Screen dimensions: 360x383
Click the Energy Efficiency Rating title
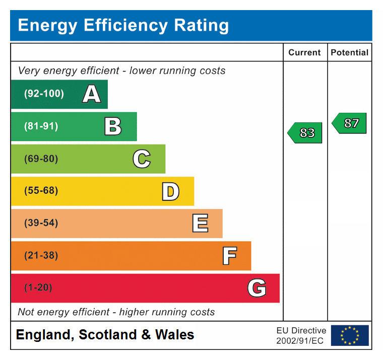click(x=123, y=25)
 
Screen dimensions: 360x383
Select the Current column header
click(x=304, y=52)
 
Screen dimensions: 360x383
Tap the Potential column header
click(x=349, y=52)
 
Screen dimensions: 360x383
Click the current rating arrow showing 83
click(x=305, y=132)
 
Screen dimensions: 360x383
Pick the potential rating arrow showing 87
click(x=350, y=123)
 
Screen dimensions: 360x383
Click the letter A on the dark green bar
click(x=91, y=94)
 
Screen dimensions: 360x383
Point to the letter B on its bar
click(x=113, y=126)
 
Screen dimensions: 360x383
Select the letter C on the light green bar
click(x=142, y=159)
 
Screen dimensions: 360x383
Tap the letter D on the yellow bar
click(x=170, y=191)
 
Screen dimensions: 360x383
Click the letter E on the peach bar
click(x=200, y=224)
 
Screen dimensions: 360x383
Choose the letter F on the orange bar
click(x=229, y=256)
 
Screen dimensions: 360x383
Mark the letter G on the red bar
click(x=257, y=288)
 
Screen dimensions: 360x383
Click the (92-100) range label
click(x=44, y=94)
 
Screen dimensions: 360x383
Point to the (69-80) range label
click(x=41, y=159)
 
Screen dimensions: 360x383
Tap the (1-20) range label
click(x=38, y=288)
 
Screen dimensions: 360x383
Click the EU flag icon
click(x=350, y=335)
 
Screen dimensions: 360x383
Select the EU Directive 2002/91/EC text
click(x=301, y=336)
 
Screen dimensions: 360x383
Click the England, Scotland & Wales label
click(x=105, y=335)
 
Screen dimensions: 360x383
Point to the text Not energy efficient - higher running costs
click(x=116, y=312)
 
